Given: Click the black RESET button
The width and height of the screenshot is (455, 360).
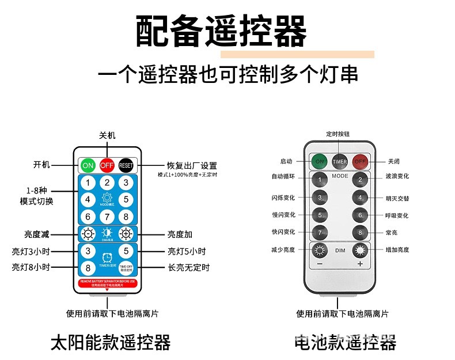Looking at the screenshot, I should tap(126, 165).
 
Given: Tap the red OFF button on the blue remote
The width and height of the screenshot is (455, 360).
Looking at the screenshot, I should tap(107, 165).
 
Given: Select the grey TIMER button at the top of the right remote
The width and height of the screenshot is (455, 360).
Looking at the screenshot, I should tap(340, 161).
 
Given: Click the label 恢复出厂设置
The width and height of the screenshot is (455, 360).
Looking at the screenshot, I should tap(192, 165).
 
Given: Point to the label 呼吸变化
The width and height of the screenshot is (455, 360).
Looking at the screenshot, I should tap(397, 215).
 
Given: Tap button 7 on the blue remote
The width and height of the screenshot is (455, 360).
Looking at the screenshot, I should tap(107, 217).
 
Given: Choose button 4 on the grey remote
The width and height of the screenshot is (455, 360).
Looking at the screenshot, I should tap(360, 198).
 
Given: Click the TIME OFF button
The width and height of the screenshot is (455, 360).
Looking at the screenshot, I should tap(126, 268).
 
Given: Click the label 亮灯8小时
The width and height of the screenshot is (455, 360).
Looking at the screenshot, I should tap(31, 267).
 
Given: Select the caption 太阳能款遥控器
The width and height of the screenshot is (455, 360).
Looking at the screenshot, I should tap(111, 343).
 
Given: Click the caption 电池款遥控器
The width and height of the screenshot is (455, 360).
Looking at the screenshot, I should tap(345, 343).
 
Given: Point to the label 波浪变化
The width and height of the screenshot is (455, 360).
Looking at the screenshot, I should tap(397, 176).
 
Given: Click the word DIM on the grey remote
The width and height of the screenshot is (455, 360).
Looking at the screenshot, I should tap(340, 250).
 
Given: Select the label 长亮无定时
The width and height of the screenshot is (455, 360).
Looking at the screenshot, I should tap(189, 267).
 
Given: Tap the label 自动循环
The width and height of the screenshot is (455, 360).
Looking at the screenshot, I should tap(283, 176).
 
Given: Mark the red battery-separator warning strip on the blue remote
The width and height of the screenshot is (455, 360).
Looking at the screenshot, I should tap(107, 282).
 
